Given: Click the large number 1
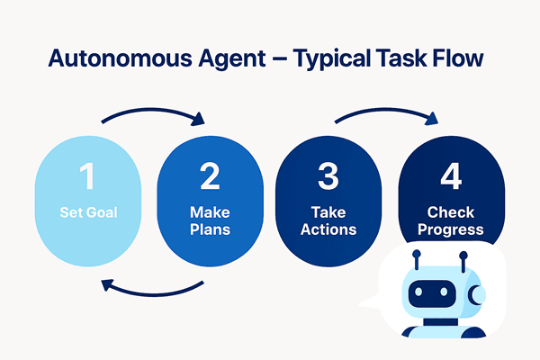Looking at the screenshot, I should point(85,177).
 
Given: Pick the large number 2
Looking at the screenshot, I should point(210,177).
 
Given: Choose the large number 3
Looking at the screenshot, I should point(329,177).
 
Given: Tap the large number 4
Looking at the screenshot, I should point(450,177).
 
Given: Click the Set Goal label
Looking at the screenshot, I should point(86,214).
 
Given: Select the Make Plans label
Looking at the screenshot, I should point(209,221).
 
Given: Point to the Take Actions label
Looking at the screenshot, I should point(329,221).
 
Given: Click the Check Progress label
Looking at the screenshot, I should point(450,221).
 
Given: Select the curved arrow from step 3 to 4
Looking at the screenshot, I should point(387,112).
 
